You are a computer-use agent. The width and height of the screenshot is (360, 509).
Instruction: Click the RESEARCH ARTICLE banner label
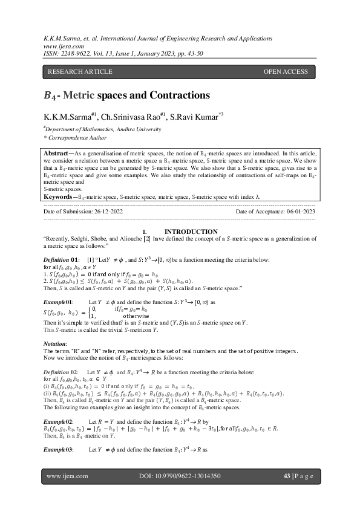click(80, 72)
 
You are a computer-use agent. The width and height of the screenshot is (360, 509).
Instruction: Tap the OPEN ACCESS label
click(286, 72)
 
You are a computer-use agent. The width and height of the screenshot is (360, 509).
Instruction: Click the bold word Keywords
click(60, 196)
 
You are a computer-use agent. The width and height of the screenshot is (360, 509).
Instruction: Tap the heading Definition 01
click(61, 259)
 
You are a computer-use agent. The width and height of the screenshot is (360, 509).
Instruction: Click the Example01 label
click(58, 300)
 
